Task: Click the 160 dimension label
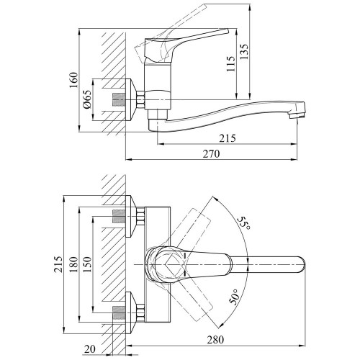pos(74,80)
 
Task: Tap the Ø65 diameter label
pos(87,99)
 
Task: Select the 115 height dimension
pos(230,63)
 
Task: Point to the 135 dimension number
pos(244,52)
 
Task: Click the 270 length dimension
pos(212,154)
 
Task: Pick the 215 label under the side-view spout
pos(228,138)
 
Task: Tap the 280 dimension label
pos(215,340)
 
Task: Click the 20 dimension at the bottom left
pos(90,348)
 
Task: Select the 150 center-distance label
pos(87,264)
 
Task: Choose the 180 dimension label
pos(74,264)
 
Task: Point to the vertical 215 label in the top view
pos(58,264)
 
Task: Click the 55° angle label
pos(244,223)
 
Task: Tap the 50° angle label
pos(234,297)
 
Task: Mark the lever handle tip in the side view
pos(227,31)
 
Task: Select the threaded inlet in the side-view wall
pos(120,99)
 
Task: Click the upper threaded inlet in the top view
pos(120,216)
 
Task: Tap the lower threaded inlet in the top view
pos(120,312)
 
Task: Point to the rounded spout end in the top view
pos(303,264)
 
